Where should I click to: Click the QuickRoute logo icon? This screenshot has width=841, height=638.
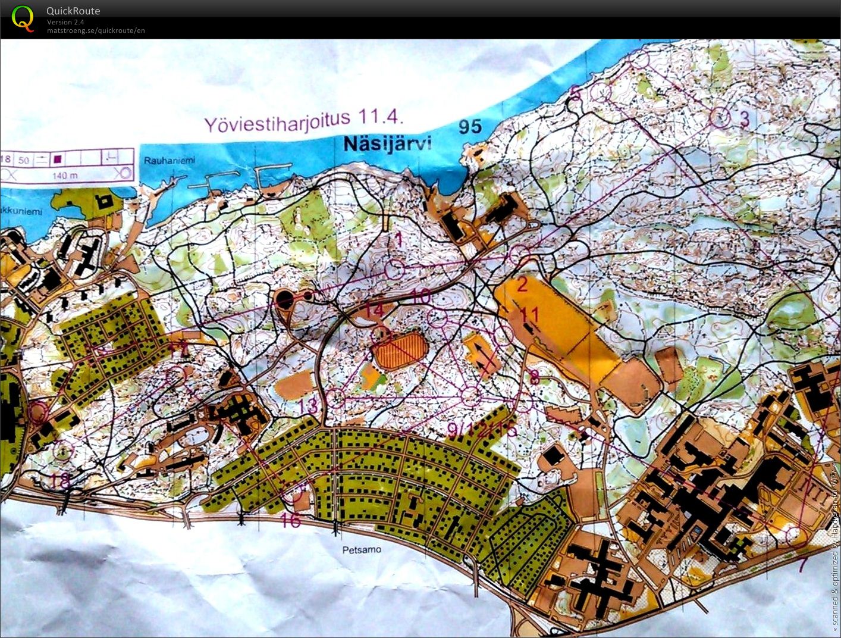pos(23,18)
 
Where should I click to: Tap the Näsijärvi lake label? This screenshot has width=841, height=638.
pos(387,144)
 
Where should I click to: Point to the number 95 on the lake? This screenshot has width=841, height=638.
pos(470,126)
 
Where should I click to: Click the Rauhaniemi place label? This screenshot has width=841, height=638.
pos(169,160)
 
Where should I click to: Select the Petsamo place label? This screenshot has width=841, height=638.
pos(362,549)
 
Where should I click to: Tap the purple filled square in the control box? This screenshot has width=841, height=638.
pos(58,159)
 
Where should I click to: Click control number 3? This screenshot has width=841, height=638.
pos(744,118)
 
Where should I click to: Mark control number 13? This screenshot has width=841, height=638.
pos(309,406)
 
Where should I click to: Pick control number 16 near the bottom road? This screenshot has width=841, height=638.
pos(290,520)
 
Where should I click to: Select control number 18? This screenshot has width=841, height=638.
pos(59,480)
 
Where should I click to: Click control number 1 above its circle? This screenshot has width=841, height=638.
pos(399,240)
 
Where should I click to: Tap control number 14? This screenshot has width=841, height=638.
pos(374,310)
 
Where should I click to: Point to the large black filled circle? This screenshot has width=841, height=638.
pos(285,298)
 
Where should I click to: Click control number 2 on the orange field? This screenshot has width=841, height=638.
pos(522,284)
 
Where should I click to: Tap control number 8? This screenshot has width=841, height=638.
pos(534,376)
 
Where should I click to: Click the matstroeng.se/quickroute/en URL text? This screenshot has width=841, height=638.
pos(96,30)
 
